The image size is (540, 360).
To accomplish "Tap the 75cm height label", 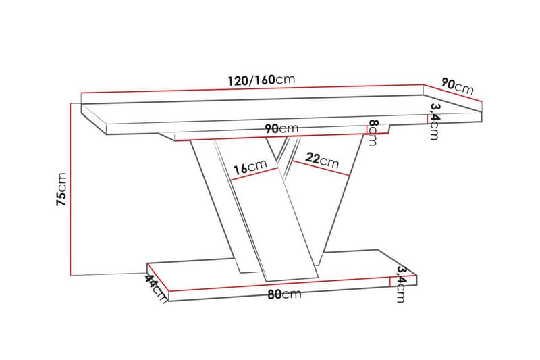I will coord(61,189).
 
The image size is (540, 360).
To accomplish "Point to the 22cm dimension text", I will coord(322,159).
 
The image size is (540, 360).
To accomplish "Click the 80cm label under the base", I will coord(283,294).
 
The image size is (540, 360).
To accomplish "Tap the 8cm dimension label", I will coord(372,133).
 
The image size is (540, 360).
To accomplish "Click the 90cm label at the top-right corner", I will coord(457,86).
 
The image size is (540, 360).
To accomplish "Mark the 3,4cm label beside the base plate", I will coord(402,283).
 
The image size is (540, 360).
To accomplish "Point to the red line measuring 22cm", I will coord(321,170).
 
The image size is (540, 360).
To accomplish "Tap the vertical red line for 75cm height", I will coord(71,189).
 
